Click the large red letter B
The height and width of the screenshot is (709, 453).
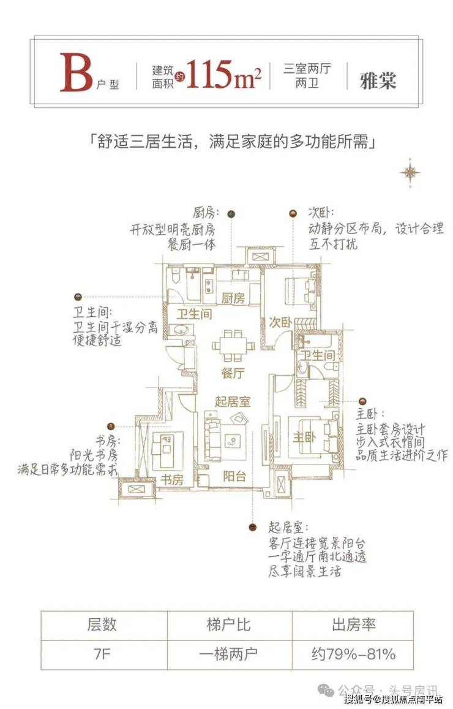[x=76, y=73]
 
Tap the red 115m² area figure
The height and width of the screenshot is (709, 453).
[x=223, y=74]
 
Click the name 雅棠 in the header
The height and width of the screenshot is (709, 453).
[x=378, y=80]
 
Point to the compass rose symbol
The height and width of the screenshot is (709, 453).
[x=411, y=173]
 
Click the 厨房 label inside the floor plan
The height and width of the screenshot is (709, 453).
[x=233, y=298]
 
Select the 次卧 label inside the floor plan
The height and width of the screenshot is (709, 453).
[x=280, y=322]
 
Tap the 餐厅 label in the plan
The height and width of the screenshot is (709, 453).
[x=233, y=373]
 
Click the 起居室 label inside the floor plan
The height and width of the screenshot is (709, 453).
[x=232, y=401]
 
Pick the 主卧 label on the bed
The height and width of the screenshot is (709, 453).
[x=304, y=437]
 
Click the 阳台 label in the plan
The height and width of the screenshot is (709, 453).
[x=235, y=476]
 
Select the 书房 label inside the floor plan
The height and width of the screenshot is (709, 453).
[x=172, y=479]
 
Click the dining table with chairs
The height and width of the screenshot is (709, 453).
[x=233, y=346]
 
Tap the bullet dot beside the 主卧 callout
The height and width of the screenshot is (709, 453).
[x=362, y=401]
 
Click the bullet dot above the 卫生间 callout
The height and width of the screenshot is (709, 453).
[x=78, y=297]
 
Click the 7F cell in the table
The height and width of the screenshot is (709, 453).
[x=103, y=654]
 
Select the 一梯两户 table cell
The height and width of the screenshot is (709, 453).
[x=229, y=654]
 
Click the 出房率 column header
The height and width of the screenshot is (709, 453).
[x=353, y=625]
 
